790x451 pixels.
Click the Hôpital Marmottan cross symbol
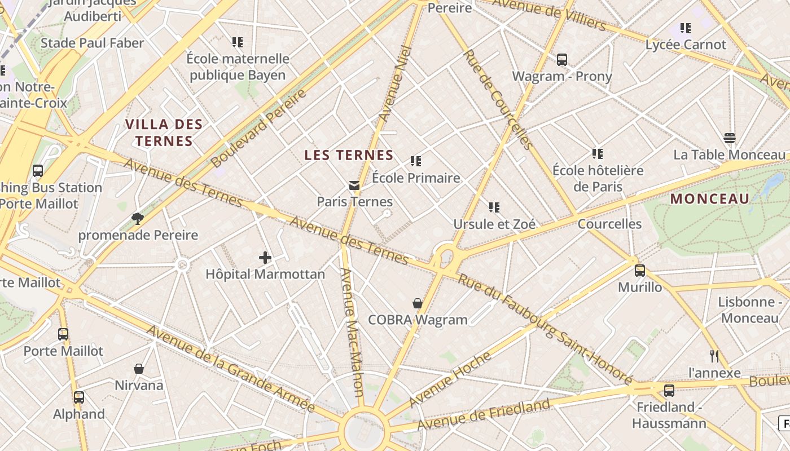point(265,258)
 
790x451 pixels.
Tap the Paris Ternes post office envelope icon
point(354,185)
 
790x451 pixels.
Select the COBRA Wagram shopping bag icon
point(418,304)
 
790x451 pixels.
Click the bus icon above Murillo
point(639,271)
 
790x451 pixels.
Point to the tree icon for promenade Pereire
point(137,219)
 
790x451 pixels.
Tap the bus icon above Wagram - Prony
point(561,59)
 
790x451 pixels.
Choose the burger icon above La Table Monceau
point(729,138)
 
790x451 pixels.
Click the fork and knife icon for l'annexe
point(714,356)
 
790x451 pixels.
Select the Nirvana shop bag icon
point(139,369)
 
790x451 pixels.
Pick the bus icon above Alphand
point(79,397)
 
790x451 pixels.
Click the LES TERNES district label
point(349,155)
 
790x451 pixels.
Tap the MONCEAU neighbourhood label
point(710,198)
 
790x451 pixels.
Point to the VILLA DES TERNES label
point(164,132)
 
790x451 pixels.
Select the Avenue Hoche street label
point(450,379)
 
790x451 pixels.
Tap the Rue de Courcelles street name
point(498,99)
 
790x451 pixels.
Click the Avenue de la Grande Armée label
point(230,369)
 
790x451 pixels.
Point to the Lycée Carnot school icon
point(686,28)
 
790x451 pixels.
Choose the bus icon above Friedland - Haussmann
point(669,390)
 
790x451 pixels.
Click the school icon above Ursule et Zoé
point(494,207)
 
